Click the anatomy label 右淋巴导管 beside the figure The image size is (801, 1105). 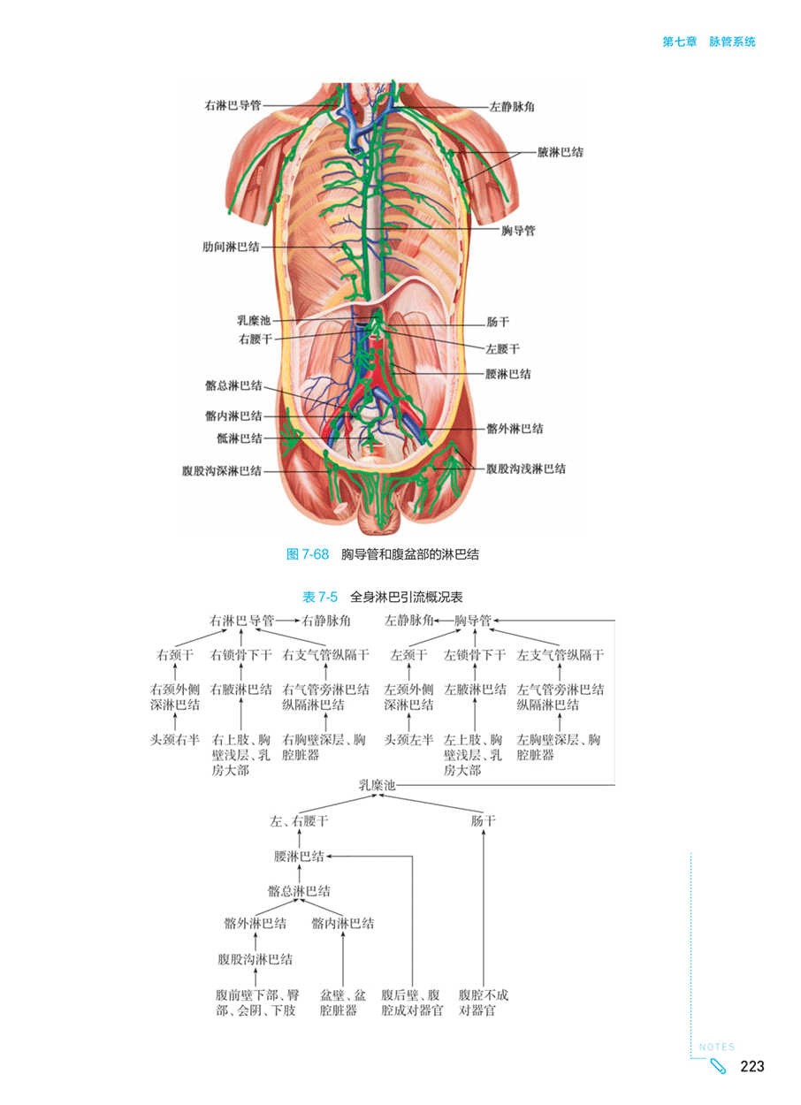233,105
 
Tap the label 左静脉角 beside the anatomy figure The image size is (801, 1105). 512,107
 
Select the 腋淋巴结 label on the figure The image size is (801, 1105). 561,152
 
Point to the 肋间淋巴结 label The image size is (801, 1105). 231,247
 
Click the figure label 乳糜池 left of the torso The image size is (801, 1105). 254,321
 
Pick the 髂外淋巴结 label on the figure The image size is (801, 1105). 515,429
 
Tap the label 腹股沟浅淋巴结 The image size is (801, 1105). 526,469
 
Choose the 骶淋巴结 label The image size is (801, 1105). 240,438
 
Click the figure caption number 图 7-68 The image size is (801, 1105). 308,554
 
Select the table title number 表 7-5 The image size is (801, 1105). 320,598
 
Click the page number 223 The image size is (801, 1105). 752,1066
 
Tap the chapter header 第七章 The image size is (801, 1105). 680,42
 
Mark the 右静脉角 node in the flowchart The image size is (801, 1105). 326,621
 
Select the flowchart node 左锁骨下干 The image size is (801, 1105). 475,655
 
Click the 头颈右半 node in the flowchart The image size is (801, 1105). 174,740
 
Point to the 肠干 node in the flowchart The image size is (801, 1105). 484,821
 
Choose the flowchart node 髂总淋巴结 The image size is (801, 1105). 299,891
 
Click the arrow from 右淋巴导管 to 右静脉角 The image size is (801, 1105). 287,621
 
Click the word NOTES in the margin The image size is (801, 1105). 717,1047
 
